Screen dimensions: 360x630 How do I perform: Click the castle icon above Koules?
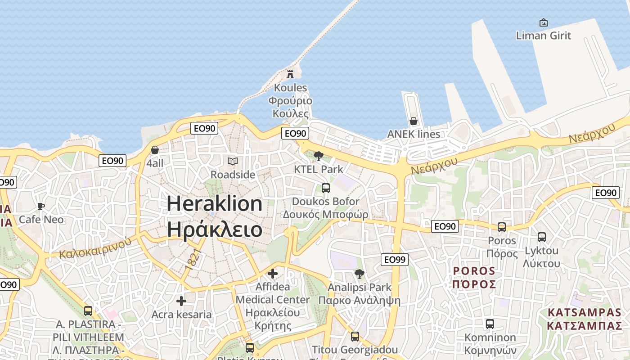[x=290, y=74]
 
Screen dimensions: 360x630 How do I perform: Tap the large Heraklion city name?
[x=215, y=204]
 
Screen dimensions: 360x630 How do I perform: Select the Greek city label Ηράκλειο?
[x=215, y=229]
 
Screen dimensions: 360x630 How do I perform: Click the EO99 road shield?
[x=395, y=259]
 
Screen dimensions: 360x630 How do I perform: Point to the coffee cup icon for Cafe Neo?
[x=41, y=207]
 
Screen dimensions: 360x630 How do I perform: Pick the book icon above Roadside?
[x=232, y=161]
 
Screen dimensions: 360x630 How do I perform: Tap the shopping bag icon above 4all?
[x=155, y=150]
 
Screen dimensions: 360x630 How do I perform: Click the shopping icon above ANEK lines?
[x=414, y=121]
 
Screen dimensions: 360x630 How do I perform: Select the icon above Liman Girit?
[x=543, y=22]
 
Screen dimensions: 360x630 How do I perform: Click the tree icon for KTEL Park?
[x=319, y=156]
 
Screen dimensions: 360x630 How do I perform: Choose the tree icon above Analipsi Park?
[x=359, y=274]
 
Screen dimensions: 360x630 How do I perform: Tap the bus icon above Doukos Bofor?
[x=325, y=188]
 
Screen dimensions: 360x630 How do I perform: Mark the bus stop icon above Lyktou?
[x=542, y=237]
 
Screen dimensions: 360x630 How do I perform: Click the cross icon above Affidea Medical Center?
[x=272, y=274]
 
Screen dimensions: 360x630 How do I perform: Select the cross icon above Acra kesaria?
[x=181, y=301]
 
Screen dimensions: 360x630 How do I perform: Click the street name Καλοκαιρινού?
[x=95, y=247]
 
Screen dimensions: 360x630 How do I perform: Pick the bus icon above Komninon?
[x=490, y=324]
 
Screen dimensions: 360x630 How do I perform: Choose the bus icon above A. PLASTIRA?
[x=88, y=310]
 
